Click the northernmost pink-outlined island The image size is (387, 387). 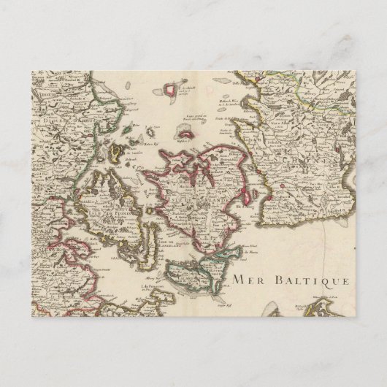click(173, 89)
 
